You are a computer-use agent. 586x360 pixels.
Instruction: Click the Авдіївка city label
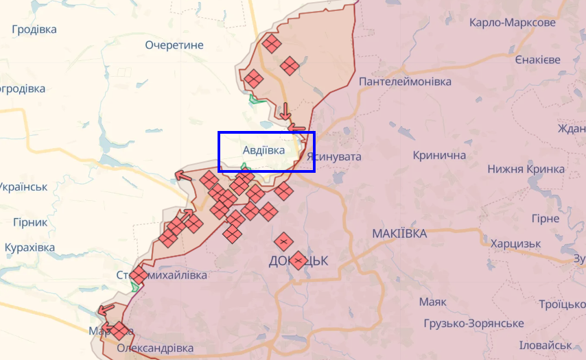pyautogui.click(x=263, y=149)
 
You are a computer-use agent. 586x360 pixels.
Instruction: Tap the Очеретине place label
pyautogui.click(x=174, y=45)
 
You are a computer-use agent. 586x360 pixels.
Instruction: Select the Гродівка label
pyautogui.click(x=34, y=29)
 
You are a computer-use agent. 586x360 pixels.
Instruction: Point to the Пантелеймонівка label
pyautogui.click(x=406, y=82)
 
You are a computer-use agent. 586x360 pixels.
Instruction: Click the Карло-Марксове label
pyautogui.click(x=513, y=23)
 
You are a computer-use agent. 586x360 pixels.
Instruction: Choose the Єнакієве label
pyautogui.click(x=538, y=60)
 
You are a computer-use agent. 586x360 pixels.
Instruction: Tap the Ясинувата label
pyautogui.click(x=334, y=157)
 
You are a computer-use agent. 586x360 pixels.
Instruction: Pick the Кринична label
pyautogui.click(x=439, y=155)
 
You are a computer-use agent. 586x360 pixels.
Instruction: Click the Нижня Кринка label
pyautogui.click(x=526, y=169)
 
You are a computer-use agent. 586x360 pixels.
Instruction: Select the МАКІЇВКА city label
pyautogui.click(x=399, y=234)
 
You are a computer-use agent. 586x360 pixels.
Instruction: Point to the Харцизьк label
pyautogui.click(x=516, y=243)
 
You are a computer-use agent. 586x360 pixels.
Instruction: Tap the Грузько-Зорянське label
pyautogui.click(x=473, y=323)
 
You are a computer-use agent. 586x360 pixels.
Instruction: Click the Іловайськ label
pyautogui.click(x=546, y=345)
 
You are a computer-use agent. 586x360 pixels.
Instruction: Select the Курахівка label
pyautogui.click(x=30, y=248)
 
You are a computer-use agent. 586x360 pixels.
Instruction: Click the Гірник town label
pyautogui.click(x=30, y=222)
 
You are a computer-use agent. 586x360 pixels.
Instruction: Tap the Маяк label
pyautogui.click(x=432, y=302)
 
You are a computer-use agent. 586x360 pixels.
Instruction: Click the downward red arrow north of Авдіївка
pyautogui.click(x=285, y=110)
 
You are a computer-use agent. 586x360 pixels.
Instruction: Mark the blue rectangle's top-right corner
pyautogui.click(x=314, y=132)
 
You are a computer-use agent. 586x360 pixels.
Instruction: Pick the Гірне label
pyautogui.click(x=546, y=219)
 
